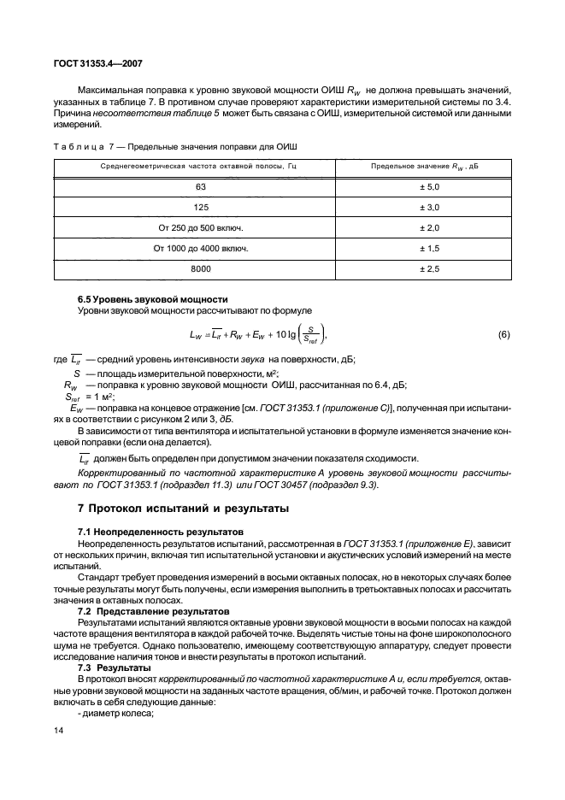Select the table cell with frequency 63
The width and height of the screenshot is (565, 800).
coord(201,185)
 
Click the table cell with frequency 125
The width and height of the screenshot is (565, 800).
coord(201,207)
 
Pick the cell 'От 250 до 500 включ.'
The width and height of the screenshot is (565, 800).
coord(201,227)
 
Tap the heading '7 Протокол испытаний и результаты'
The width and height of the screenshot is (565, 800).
coord(183,509)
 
